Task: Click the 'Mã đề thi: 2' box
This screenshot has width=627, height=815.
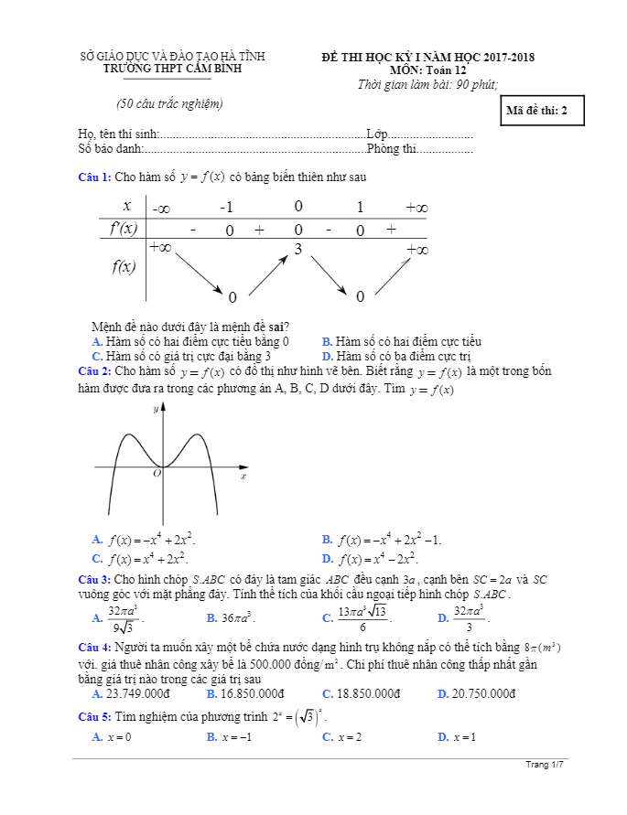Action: pos(537,111)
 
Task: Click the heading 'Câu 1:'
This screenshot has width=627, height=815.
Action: pos(94,177)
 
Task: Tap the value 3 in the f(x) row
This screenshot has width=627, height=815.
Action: pos(297,248)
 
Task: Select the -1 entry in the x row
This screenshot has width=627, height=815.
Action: pos(227,208)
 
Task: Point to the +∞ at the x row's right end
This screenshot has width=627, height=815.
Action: pos(416,208)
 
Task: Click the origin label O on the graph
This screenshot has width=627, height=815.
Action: pos(157,473)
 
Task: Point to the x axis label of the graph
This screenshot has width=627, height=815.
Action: pos(243,477)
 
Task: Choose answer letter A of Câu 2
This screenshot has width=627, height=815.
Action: pos(97,540)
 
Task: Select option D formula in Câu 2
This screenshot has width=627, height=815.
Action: pos(378,559)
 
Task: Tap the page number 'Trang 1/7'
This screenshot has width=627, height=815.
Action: pos(546,764)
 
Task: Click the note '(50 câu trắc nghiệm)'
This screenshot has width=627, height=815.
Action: pos(170,103)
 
